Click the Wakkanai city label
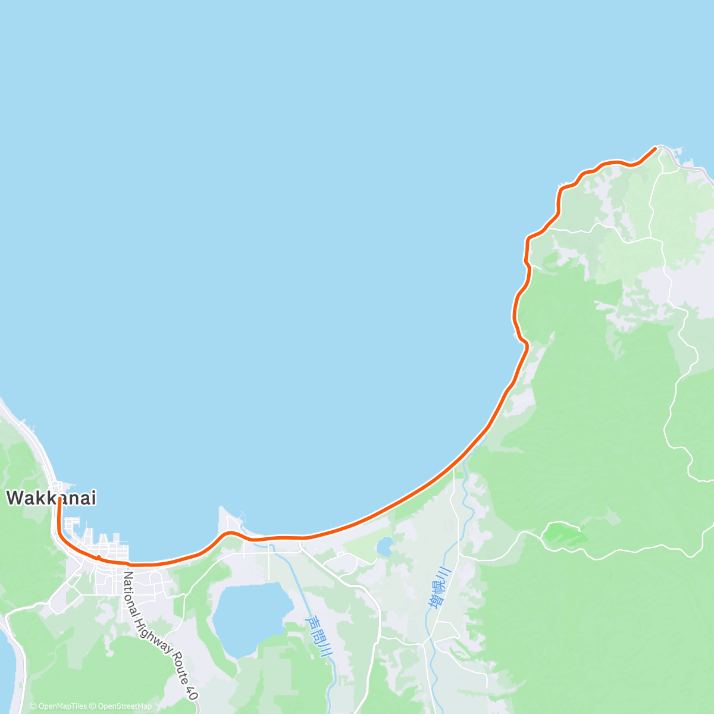coord(51,498)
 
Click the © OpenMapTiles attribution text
coord(58,706)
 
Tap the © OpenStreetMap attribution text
coord(121,706)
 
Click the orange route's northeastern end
coord(655,148)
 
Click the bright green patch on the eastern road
coord(565,534)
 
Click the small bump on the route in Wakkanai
coord(98,557)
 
